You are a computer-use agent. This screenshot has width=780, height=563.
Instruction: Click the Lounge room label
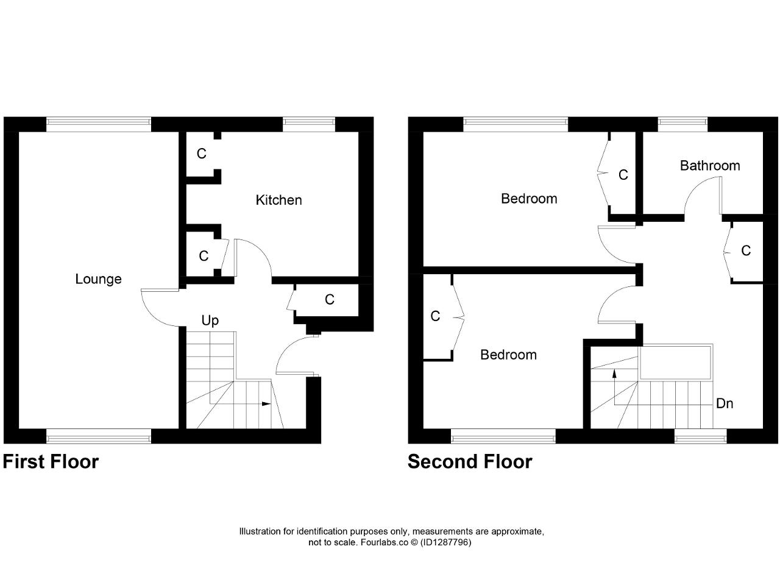click(99, 279)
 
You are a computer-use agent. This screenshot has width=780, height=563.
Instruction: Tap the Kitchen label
click(278, 200)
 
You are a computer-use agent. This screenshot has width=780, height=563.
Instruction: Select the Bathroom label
click(710, 166)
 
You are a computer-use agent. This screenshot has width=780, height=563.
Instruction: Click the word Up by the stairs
click(210, 320)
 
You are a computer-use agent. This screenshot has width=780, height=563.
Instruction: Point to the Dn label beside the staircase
click(725, 403)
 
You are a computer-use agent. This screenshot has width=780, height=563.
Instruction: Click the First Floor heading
click(51, 462)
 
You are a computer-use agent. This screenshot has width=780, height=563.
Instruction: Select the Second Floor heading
click(470, 462)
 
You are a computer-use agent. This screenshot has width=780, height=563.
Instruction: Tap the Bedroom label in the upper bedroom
click(529, 199)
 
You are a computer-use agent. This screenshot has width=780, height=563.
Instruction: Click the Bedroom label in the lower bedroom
click(508, 355)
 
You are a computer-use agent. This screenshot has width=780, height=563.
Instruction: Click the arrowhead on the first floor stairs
click(266, 404)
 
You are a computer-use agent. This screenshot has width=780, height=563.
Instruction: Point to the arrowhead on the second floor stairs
click(615, 374)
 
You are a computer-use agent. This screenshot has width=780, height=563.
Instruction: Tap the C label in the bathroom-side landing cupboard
click(746, 250)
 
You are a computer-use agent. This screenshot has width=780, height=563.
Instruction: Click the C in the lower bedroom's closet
click(435, 316)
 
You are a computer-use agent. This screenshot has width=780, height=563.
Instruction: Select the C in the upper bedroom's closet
click(623, 175)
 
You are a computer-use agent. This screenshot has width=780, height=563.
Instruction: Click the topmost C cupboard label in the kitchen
click(202, 154)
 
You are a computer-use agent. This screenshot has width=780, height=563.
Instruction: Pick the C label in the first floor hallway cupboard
click(330, 299)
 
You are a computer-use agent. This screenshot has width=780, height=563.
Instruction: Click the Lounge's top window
click(99, 125)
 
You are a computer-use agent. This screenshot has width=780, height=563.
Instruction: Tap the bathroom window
click(682, 125)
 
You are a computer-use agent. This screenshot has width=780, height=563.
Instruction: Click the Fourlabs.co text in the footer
click(385, 542)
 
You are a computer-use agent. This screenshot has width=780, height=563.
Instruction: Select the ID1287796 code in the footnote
click(446, 542)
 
